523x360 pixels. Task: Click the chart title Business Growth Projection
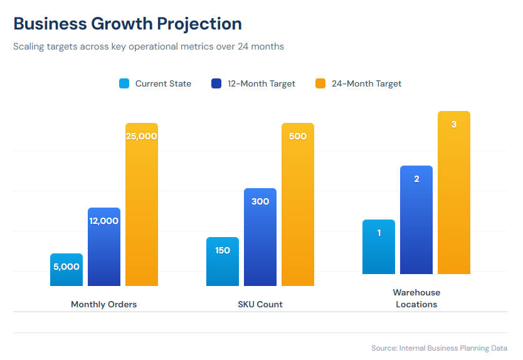127,24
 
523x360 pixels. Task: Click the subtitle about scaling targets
149,46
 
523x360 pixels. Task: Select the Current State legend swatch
124,83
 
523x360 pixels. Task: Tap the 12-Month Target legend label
261,83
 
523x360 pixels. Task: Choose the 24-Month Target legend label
366,83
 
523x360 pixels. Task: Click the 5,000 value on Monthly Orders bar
66,267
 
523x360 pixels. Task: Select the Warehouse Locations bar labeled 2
416,220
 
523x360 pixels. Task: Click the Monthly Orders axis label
104,304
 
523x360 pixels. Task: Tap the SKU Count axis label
260,304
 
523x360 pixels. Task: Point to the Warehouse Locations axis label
416,298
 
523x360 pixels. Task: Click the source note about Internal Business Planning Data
439,347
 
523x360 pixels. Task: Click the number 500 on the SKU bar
298,136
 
